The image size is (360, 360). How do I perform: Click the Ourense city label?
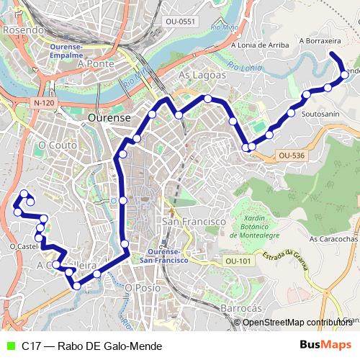click(108, 117)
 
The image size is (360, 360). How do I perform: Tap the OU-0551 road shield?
click(180, 22)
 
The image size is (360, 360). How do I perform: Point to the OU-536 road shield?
click(291, 155)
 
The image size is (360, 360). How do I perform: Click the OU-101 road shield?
click(237, 261)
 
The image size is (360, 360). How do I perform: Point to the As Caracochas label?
click(333, 238)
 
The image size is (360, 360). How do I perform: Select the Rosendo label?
click(19, 31)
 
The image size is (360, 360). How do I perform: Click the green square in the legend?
click(10, 346)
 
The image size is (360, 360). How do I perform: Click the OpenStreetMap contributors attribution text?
click(297, 322)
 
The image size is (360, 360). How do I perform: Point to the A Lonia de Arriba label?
click(260, 45)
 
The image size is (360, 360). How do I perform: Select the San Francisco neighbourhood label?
click(194, 222)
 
